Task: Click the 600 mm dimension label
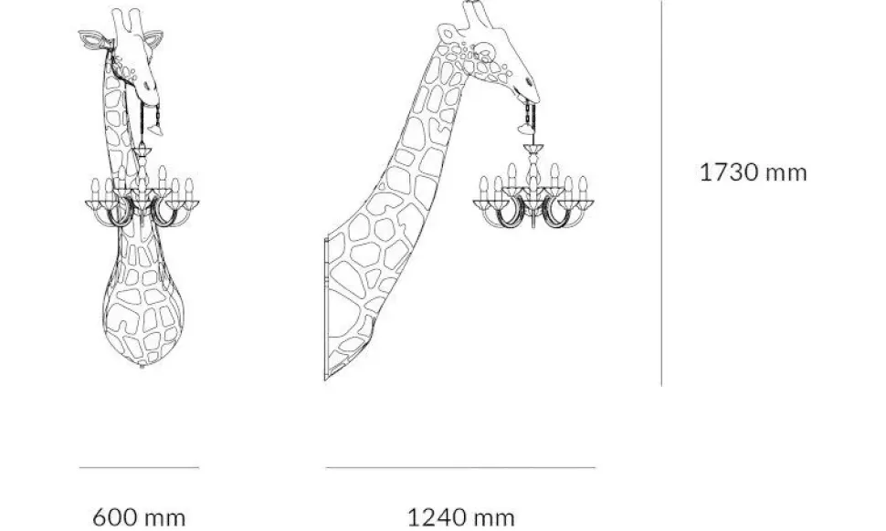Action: (x=140, y=517)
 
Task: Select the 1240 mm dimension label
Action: (x=460, y=517)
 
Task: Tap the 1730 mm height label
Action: (x=754, y=172)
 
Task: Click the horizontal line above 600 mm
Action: (x=139, y=468)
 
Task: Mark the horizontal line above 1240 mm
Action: (x=460, y=468)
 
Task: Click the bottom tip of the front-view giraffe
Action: (x=142, y=365)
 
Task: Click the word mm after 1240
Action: (x=494, y=517)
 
